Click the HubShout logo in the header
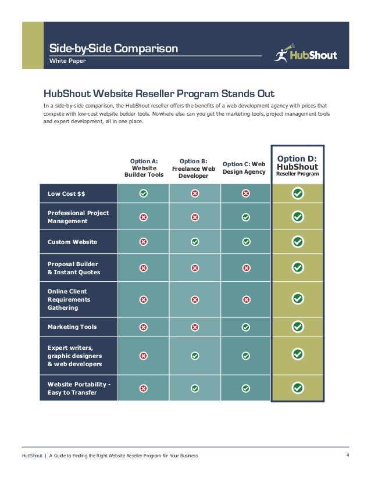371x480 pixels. (x=305, y=55)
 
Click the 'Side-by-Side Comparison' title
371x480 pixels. (x=113, y=48)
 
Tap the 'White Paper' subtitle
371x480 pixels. (x=67, y=60)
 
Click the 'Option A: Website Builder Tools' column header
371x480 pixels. (x=144, y=167)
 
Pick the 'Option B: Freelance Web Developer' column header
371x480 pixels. (x=194, y=168)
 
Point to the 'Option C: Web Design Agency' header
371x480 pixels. (x=244, y=168)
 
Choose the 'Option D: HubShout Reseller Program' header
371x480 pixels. (x=298, y=165)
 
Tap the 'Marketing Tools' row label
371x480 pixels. (x=72, y=327)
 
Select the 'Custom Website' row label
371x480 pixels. (x=72, y=242)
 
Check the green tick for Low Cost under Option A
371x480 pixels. (x=144, y=194)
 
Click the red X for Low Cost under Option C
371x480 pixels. (x=246, y=194)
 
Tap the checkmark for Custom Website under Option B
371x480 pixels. (x=195, y=242)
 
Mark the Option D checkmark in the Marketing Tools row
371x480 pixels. (x=298, y=327)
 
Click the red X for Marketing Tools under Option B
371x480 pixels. (x=195, y=327)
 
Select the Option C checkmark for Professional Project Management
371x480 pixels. (x=246, y=217)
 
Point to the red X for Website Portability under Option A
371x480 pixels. (x=144, y=388)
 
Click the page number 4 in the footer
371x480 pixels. (x=347, y=455)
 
